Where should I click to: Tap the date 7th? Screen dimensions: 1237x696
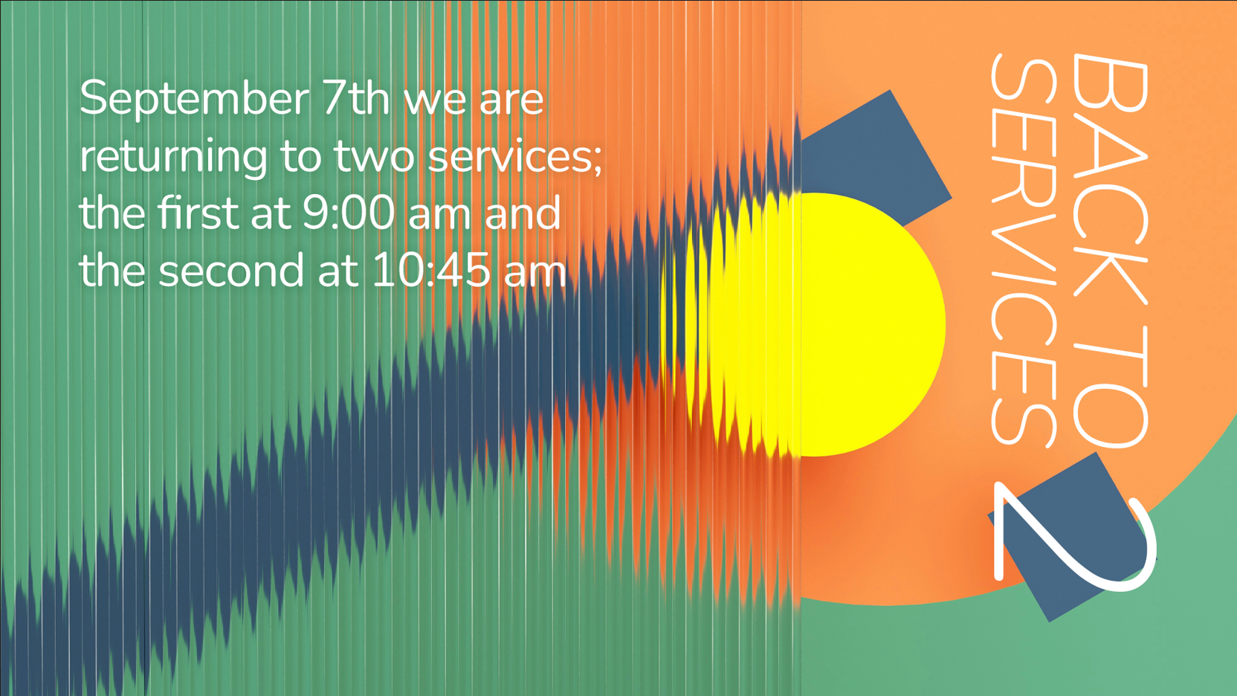tap(356, 97)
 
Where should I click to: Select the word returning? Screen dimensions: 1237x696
tap(173, 158)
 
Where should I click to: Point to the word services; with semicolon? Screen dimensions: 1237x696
tap(514, 157)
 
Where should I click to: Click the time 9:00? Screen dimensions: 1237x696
tap(349, 213)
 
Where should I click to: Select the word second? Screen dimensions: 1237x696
tap(231, 270)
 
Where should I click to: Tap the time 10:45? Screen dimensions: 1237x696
tap(431, 270)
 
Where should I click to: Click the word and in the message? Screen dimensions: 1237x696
tap(523, 213)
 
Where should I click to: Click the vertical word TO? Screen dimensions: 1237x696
tap(1111, 387)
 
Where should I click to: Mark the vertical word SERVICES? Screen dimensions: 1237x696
tap(1024, 251)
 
